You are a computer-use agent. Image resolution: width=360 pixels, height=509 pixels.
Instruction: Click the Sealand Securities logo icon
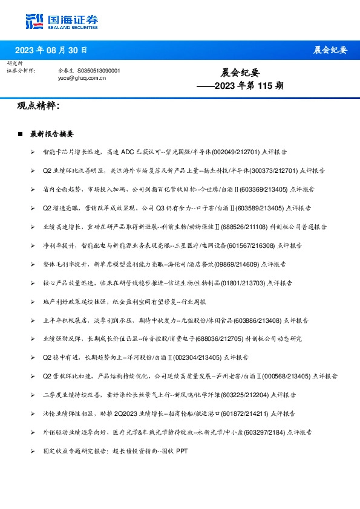[34, 21]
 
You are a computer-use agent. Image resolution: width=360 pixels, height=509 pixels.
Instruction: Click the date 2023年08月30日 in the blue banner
[51, 50]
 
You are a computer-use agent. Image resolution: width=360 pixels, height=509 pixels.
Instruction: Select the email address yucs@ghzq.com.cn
[78, 78]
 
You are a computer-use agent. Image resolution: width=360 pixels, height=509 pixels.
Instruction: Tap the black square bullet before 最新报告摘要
[21, 134]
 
